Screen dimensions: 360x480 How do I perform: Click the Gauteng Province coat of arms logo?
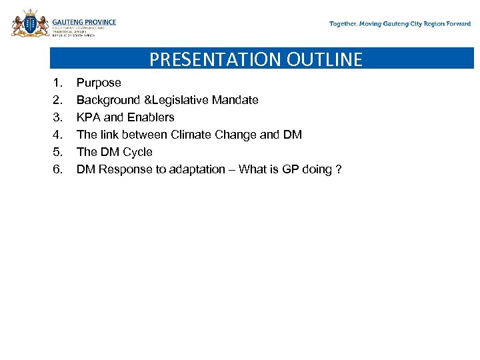pos(30,23)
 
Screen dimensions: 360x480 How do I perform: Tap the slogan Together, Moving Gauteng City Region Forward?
pos(400,24)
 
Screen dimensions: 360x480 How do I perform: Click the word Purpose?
pos(99,83)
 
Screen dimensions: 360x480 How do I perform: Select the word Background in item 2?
pos(107,100)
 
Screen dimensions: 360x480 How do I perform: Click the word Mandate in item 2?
pos(235,100)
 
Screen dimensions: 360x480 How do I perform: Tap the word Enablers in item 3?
pos(151,117)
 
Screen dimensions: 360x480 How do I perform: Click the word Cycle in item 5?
pos(137,152)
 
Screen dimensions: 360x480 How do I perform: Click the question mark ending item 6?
pos(339,169)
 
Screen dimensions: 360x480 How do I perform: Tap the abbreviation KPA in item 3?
pos(89,117)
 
